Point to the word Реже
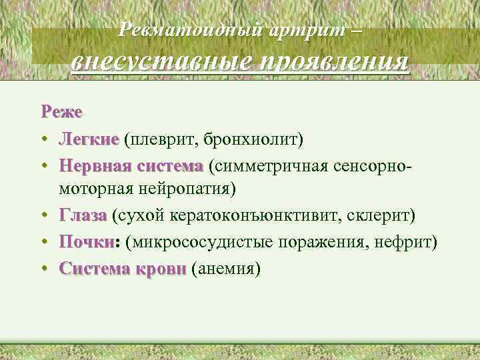tap(61, 112)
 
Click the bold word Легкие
tap(88, 139)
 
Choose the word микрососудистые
tap(204, 241)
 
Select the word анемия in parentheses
tap(225, 268)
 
